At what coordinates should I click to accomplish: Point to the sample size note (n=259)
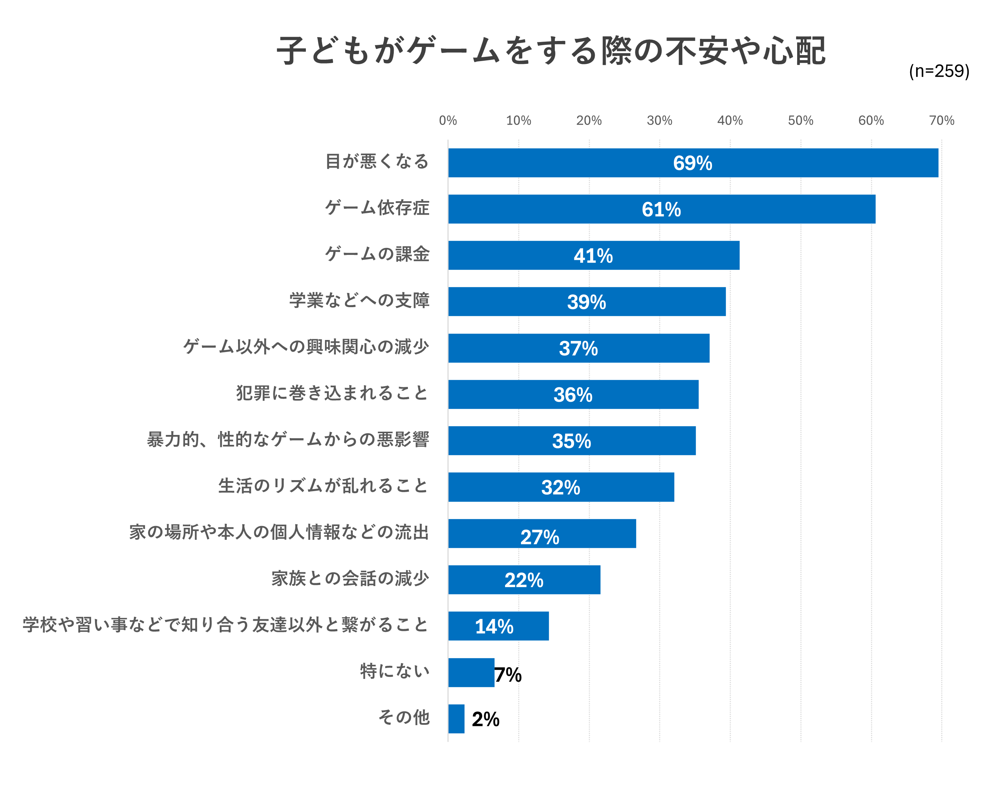[938, 71]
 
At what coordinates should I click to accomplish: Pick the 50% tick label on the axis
[800, 120]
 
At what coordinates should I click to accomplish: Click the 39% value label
[586, 302]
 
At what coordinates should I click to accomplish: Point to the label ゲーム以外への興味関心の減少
[306, 347]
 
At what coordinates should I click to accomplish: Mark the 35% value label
[571, 441]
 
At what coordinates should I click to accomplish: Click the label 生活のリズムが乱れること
[323, 486]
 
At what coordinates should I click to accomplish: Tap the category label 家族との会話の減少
[350, 579]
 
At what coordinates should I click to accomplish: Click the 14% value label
[494, 627]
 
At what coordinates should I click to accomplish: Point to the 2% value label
[485, 719]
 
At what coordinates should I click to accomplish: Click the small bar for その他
[456, 719]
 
